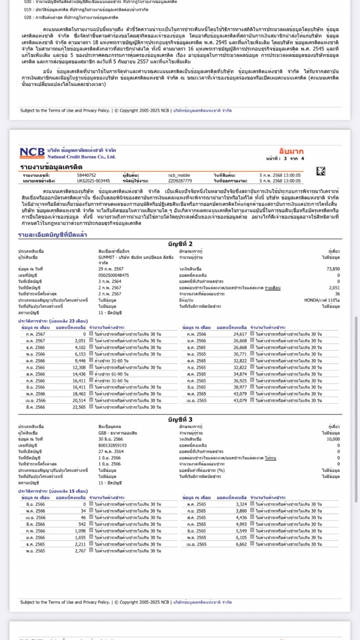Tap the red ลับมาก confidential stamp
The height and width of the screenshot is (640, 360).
point(291,151)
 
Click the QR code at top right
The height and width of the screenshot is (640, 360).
point(320,171)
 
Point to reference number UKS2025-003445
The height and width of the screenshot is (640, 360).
point(93,180)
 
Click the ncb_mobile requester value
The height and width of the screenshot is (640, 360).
point(180,175)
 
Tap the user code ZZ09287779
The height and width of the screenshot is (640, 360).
point(180,180)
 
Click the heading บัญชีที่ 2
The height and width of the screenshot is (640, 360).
point(179,244)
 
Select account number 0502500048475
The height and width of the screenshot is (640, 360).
point(113,274)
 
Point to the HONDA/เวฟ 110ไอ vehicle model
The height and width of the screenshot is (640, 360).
point(322,299)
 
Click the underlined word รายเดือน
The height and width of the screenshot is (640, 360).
point(273,288)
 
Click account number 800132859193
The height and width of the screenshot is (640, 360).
point(112,445)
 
